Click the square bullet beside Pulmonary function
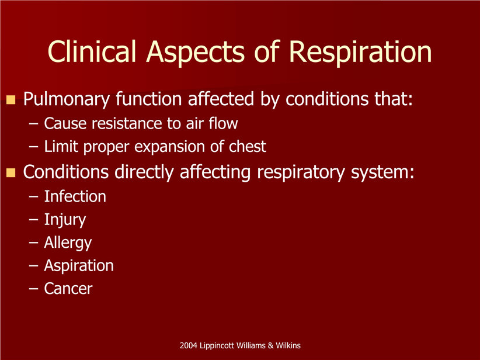click(11, 99)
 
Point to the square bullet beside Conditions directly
click(11, 173)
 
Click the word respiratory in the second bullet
click(301, 173)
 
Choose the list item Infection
click(75, 196)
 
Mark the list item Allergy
click(68, 243)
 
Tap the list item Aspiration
click(79, 266)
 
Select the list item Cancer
click(68, 289)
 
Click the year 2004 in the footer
click(188, 345)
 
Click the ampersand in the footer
click(270, 345)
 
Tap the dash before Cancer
click(34, 289)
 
